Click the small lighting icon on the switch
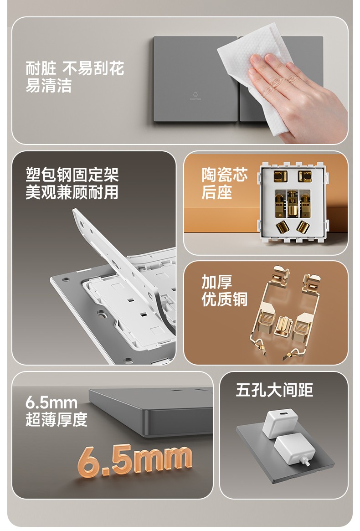coord(195,96)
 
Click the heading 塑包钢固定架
coord(72,175)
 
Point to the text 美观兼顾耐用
coord(72,192)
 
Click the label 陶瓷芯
coord(225,175)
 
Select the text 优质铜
coord(225,299)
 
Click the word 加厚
coord(217,282)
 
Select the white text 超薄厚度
coord(57,420)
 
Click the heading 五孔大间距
coord(274,390)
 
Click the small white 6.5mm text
coord(51,402)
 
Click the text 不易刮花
coord(93,68)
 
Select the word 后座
coord(217,192)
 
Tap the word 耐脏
coord(41,68)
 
